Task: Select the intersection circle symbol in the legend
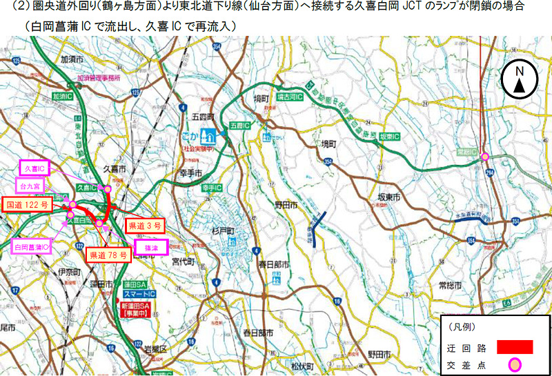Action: [514, 364]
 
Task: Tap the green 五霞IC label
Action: [237, 126]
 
